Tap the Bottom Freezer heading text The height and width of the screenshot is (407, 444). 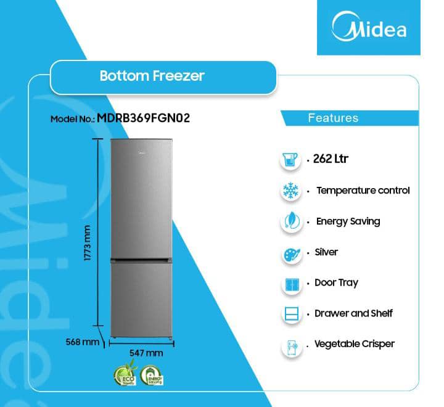point(152,76)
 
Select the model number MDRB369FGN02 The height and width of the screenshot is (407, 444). point(143,118)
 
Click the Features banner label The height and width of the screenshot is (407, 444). point(332,118)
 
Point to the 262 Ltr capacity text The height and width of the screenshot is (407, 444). point(331,159)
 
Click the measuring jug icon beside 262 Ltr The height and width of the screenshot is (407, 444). point(290,160)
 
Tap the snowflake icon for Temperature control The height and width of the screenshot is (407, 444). point(290,191)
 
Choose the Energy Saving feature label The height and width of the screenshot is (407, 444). point(348,221)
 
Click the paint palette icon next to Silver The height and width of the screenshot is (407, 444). point(290,253)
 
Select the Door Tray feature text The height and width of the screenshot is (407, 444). point(336,282)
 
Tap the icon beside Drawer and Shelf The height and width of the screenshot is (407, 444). point(290,314)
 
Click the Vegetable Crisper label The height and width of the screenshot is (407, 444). point(354,343)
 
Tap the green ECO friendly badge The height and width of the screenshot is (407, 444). point(123,376)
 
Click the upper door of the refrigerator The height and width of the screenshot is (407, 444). point(141,197)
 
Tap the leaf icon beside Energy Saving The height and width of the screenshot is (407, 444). point(290,222)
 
